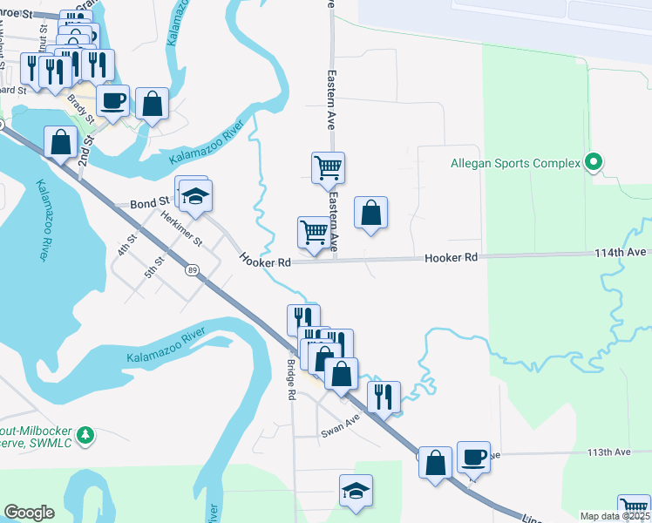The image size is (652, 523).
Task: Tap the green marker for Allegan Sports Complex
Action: [x=594, y=162]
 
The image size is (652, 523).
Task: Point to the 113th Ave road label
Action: [x=608, y=452]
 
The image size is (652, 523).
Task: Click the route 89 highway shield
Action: [x=191, y=271]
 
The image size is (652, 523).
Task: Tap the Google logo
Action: [x=29, y=513]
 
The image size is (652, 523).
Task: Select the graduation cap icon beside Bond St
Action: [x=197, y=195]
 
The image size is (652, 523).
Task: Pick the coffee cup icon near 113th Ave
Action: [x=473, y=457]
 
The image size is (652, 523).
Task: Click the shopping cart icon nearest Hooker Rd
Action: [x=314, y=233]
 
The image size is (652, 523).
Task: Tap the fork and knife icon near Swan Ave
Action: [x=384, y=397]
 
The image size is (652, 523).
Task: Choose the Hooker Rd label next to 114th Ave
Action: [x=452, y=258]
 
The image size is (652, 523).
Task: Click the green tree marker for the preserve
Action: [x=85, y=433]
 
